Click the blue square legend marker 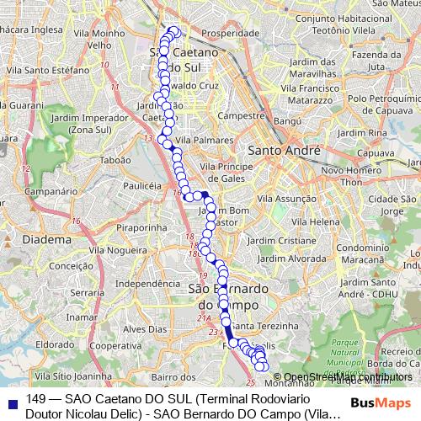10,401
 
